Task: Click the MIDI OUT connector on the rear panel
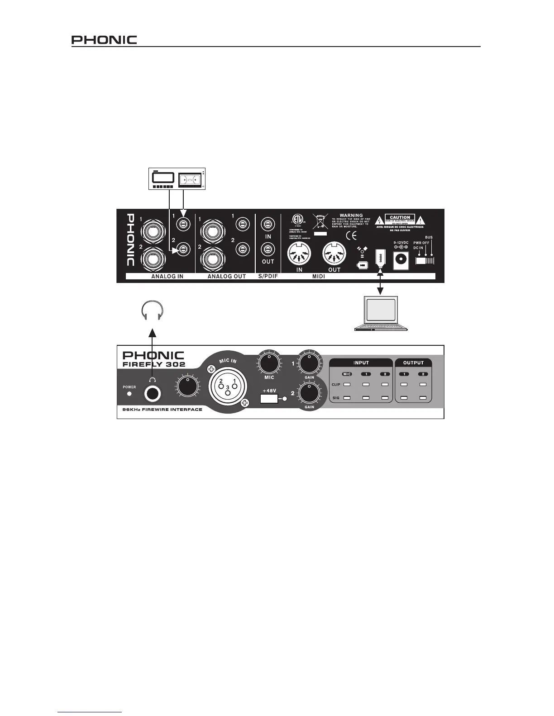(334, 254)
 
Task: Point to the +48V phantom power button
(269, 399)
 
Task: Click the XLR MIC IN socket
(227, 386)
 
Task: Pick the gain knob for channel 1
(309, 362)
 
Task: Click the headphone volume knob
(186, 387)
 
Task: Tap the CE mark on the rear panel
(352, 236)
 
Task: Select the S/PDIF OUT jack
(268, 249)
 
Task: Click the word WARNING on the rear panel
(351, 216)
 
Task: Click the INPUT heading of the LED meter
(361, 363)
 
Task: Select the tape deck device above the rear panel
(177, 180)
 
